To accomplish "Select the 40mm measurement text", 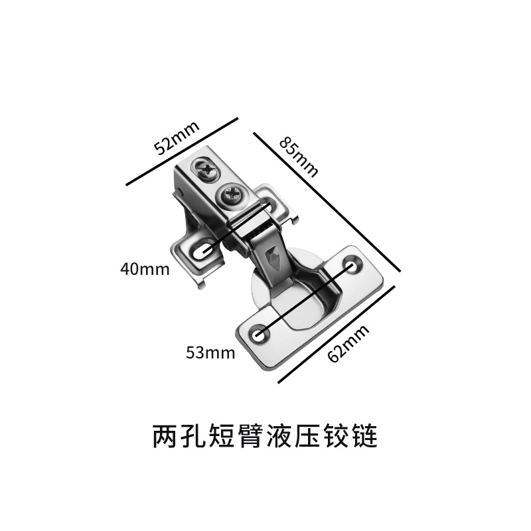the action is click(145, 269).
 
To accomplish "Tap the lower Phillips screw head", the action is click(232, 195).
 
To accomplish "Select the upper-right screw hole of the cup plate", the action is click(352, 265).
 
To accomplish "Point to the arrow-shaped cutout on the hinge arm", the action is click(273, 258).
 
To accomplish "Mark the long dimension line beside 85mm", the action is click(329, 201).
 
